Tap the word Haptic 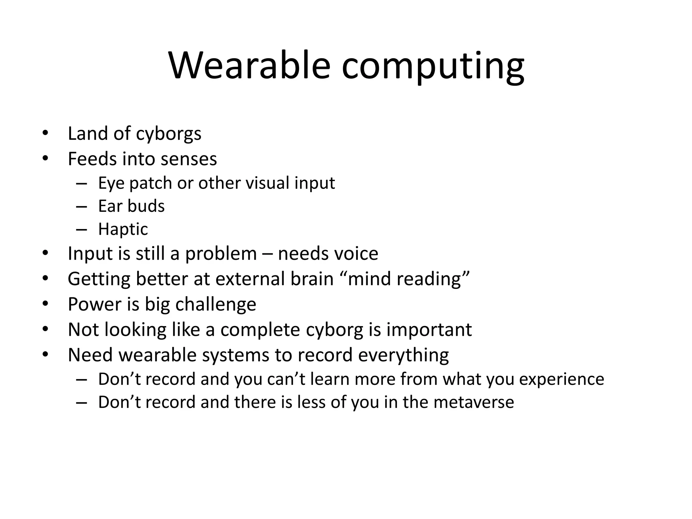coord(123,229)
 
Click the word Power coord(94,304)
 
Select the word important coord(429,330)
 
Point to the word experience coord(561,379)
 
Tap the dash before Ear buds coord(82,206)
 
